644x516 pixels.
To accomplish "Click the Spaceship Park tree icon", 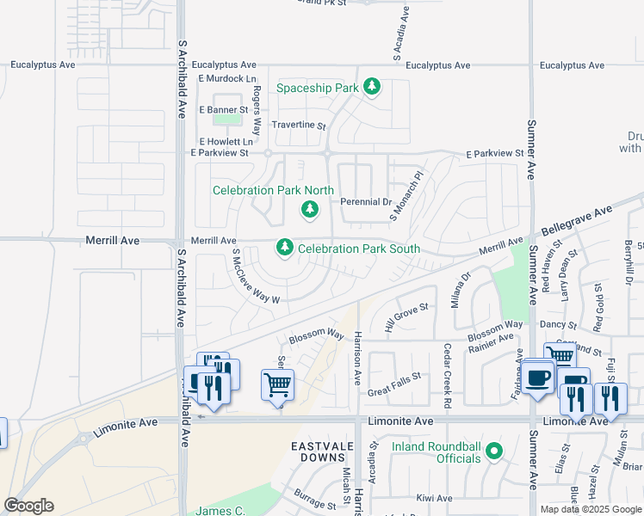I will coord(372,87).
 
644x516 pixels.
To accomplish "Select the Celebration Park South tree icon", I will coord(285,248).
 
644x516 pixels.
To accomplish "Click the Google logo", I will coord(28,506).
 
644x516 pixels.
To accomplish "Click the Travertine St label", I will coord(299,126).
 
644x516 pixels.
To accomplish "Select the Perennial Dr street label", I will coord(366,202).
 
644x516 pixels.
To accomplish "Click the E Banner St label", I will coord(223,110).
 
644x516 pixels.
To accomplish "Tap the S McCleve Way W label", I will coord(256,277).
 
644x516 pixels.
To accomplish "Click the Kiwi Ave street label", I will coord(434,498).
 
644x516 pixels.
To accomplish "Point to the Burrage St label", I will coord(315,498).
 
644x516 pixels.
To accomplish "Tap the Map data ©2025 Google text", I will coord(590,509).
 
